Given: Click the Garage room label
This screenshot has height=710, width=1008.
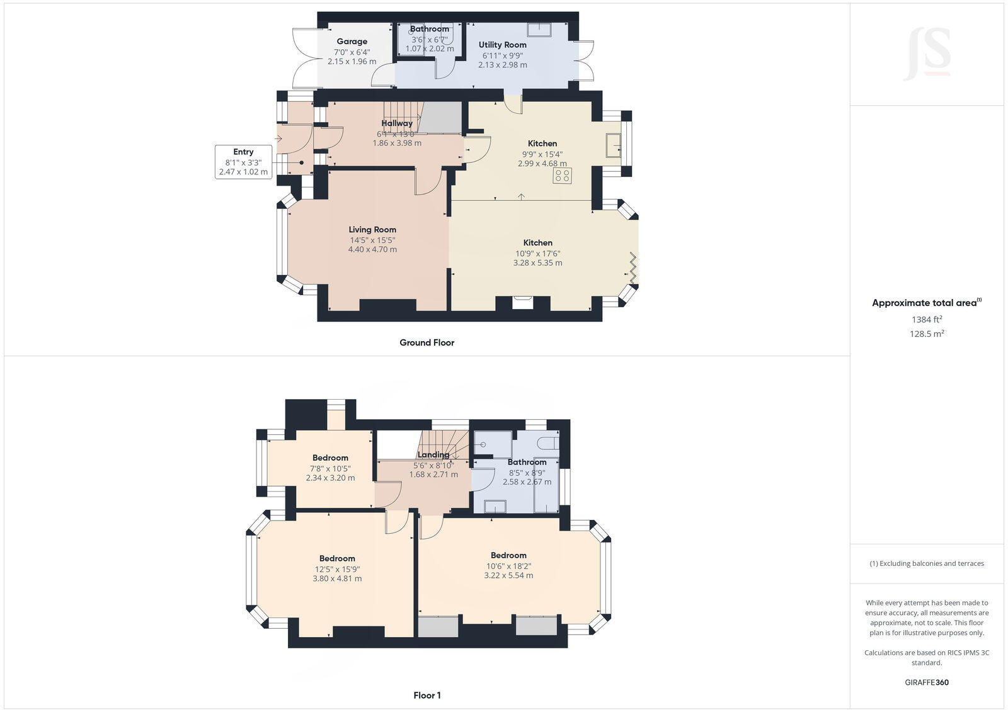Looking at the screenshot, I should [x=352, y=42].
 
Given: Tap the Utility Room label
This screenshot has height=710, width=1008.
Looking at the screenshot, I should [x=502, y=45].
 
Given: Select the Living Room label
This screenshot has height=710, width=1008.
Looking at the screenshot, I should [x=372, y=230].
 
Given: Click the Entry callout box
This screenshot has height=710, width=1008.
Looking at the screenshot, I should [x=243, y=162].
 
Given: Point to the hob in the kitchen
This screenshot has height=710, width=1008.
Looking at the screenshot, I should [x=563, y=176].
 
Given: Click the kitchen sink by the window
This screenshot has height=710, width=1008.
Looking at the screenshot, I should [x=612, y=145].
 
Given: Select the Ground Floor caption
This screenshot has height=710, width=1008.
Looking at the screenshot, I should [x=427, y=342].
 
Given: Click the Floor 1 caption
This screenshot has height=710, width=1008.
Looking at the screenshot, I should [x=427, y=696].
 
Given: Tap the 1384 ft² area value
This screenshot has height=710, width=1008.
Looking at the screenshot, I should [x=926, y=319].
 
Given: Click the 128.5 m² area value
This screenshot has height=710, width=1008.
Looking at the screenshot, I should [x=926, y=334].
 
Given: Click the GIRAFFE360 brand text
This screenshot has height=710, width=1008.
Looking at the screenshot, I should [x=926, y=682].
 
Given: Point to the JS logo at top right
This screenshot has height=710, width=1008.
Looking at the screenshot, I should [x=927, y=55].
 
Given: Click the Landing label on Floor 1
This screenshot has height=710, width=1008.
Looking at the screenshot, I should [x=433, y=455].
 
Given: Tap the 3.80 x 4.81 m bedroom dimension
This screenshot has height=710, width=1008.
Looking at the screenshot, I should [x=337, y=578].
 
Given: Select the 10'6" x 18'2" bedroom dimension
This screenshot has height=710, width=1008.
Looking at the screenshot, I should [x=508, y=565].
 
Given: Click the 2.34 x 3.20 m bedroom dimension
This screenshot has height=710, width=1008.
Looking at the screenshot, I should [x=330, y=478].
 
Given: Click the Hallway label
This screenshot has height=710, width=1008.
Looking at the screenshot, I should [x=397, y=123].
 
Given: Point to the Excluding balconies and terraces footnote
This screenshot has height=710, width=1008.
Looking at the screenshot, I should [x=927, y=563].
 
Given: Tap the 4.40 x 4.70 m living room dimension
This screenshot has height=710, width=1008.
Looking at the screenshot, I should [x=372, y=249].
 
